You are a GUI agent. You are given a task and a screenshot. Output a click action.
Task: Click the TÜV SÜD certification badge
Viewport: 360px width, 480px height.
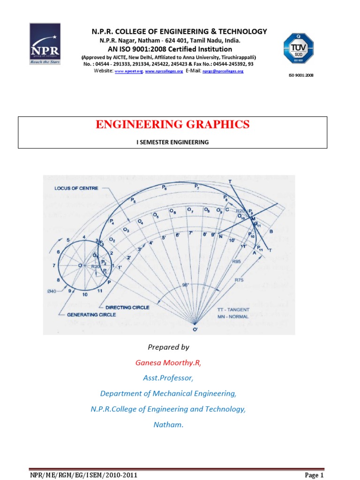click(298, 49)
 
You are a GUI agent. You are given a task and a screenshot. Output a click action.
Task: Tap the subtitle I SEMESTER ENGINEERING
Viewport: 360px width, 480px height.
click(172, 142)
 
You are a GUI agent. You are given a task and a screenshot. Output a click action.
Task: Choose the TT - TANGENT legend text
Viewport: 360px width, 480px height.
click(235, 310)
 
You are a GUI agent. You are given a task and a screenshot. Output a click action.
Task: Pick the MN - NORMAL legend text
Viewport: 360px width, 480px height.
click(232, 316)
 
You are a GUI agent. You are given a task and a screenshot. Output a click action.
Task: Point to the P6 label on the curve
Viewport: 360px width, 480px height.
click(164, 187)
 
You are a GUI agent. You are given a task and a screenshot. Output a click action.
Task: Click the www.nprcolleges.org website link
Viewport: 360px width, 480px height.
click(164, 71)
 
